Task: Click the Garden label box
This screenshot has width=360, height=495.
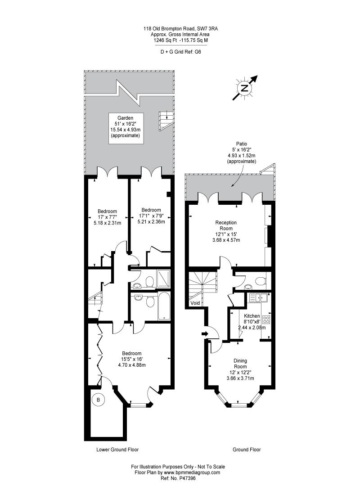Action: [126, 129]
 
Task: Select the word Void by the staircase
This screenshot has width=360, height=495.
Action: [195, 303]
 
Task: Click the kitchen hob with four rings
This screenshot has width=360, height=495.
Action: [266, 319]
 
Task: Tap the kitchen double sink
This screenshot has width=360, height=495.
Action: [258, 297]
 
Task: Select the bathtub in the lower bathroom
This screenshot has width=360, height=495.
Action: [164, 306]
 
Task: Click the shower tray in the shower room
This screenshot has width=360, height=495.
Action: [164, 278]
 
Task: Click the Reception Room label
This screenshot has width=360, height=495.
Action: [226, 225]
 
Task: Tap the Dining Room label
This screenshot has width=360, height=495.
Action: [240, 364]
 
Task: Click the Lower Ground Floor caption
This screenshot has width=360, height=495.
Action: [117, 450]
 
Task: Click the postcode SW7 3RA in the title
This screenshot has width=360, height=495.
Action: [209, 29]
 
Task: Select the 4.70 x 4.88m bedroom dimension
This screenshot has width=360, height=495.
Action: [132, 365]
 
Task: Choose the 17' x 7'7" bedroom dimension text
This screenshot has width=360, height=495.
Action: [108, 217]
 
